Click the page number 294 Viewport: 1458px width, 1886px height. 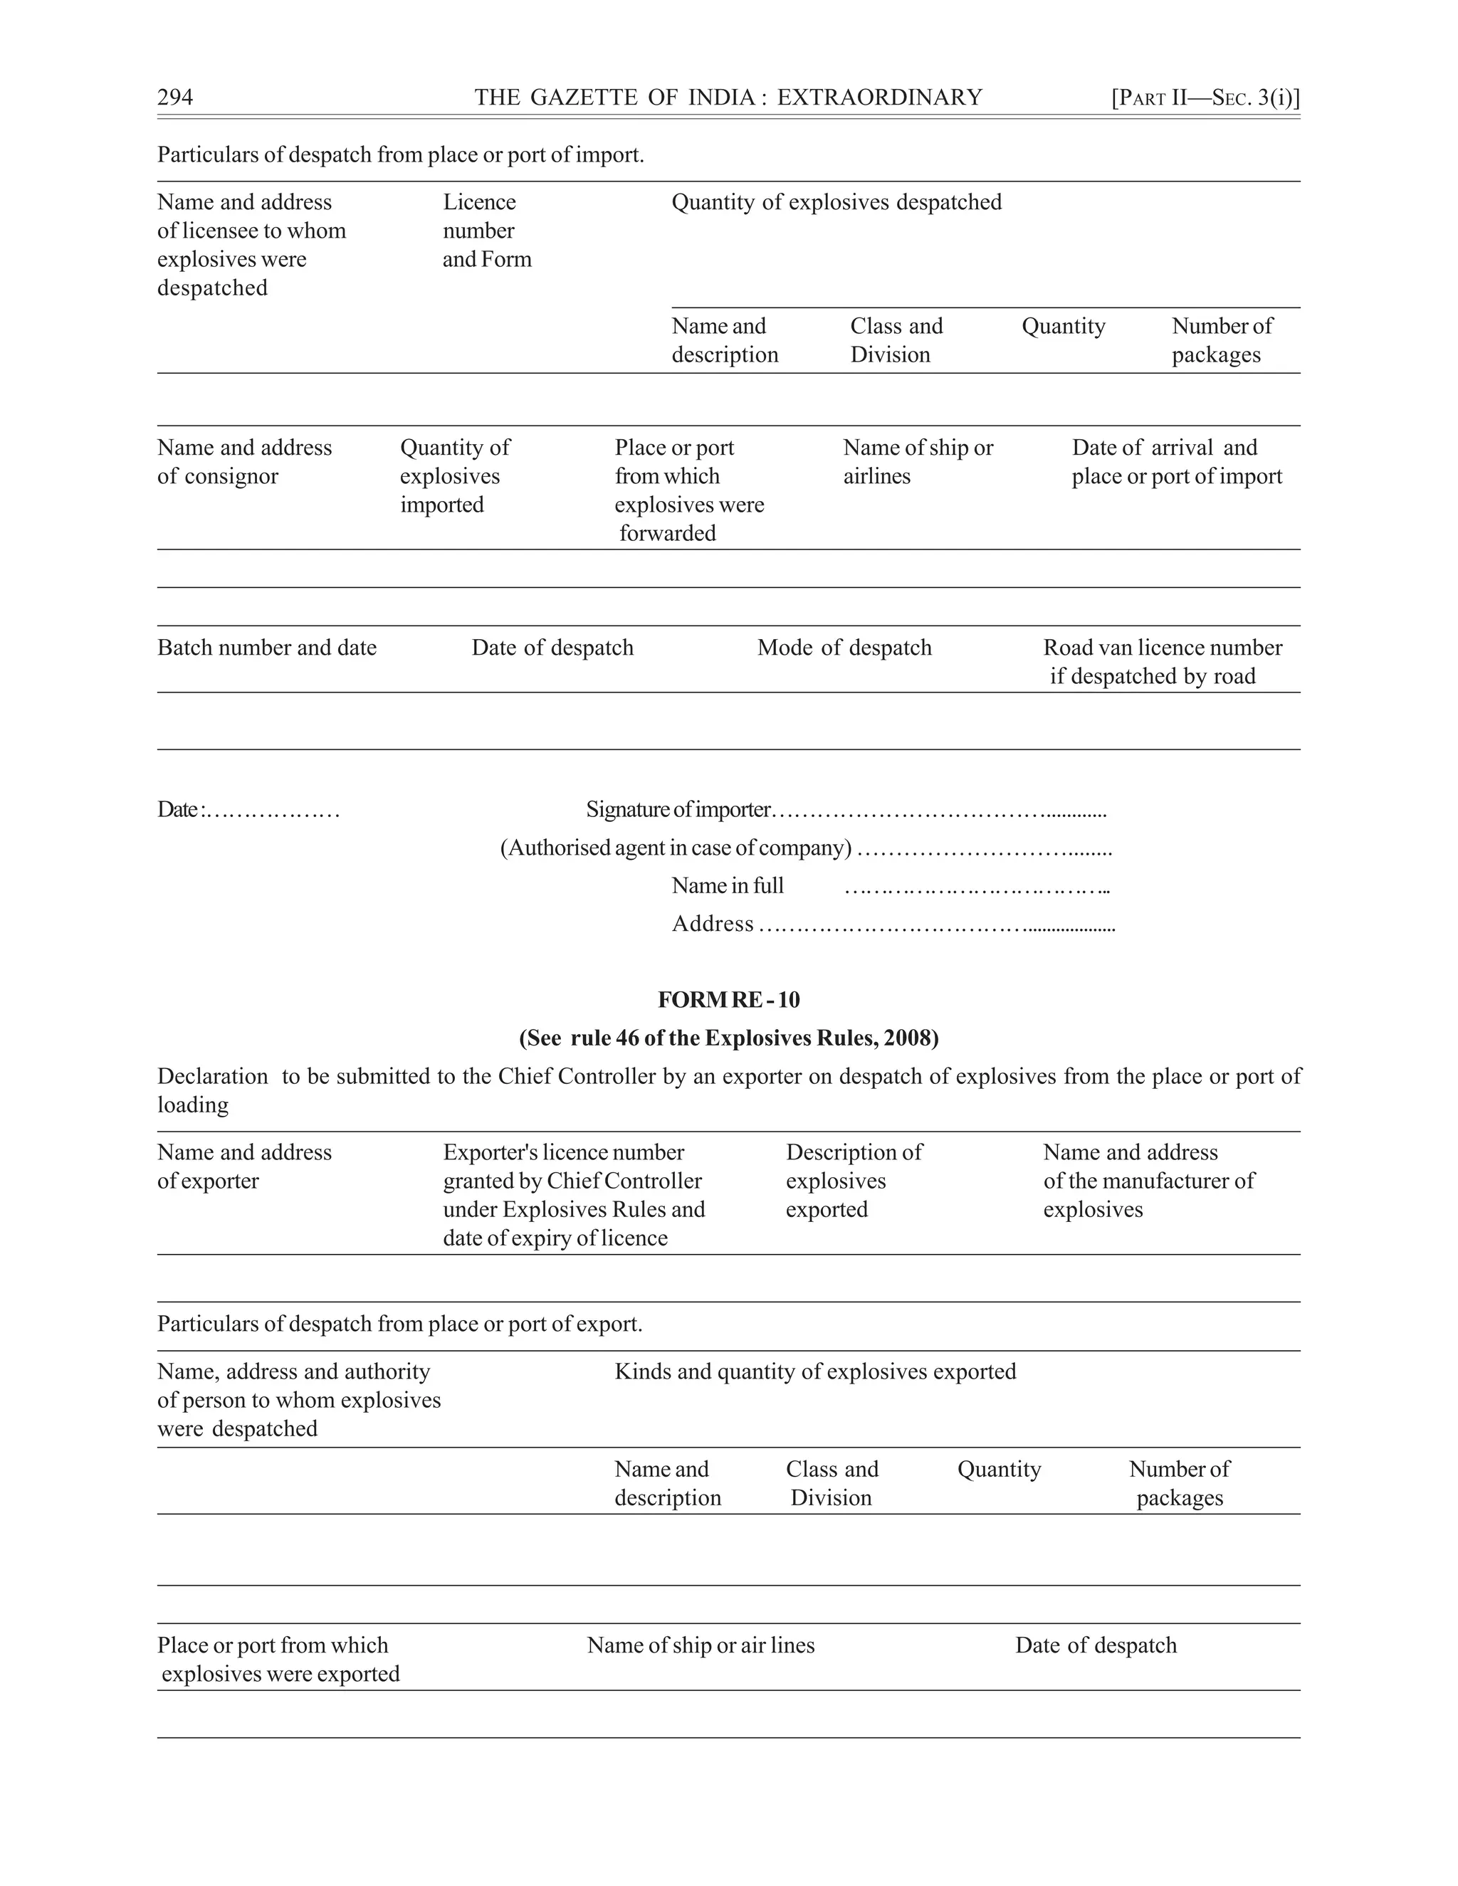tap(175, 98)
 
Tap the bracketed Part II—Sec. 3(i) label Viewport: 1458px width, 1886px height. tap(1205, 98)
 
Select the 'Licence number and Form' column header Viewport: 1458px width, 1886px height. tap(486, 231)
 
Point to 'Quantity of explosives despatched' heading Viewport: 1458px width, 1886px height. tap(836, 202)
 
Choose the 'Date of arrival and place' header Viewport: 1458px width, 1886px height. tap(1175, 461)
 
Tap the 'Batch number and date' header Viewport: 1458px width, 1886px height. tap(267, 648)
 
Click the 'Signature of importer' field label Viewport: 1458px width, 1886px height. tap(678, 810)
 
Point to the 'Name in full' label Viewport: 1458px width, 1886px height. tap(728, 886)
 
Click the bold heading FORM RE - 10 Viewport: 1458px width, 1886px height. tap(728, 1000)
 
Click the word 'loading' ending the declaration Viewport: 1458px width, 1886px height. tap(193, 1105)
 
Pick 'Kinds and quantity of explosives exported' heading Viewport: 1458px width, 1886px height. tap(814, 1371)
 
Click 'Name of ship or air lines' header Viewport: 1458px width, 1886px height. tap(701, 1645)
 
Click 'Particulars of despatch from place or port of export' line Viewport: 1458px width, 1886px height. tap(399, 1324)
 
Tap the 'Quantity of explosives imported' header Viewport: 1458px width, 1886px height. tap(454, 476)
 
